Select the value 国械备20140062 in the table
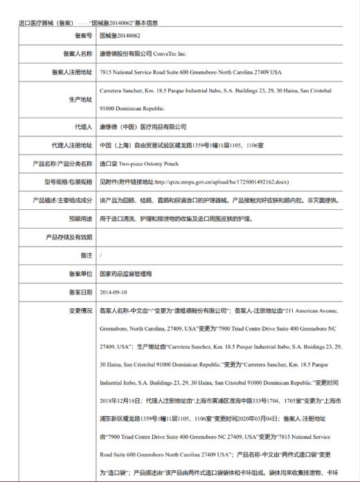[x=120, y=34]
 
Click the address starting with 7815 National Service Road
[x=190, y=71]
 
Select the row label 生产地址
[x=80, y=99]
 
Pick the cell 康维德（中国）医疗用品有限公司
[x=143, y=127]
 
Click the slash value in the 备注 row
[x=101, y=256]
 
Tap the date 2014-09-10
[x=114, y=292]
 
